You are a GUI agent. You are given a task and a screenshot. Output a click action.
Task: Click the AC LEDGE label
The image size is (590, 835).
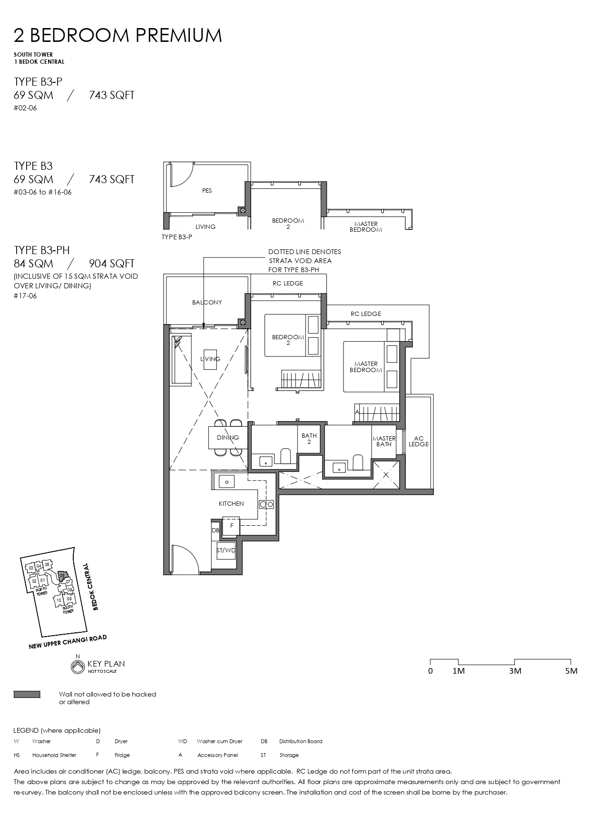point(418,441)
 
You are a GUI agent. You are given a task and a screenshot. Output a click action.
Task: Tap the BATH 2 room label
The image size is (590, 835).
point(309,439)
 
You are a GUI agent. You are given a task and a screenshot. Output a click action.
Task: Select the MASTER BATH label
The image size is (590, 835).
point(383,441)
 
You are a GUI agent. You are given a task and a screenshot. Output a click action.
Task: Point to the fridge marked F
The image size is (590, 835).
point(232,525)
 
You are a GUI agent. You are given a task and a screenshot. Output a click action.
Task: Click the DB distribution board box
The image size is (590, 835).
point(215,530)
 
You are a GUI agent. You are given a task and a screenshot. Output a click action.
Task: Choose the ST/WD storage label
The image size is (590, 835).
point(226,550)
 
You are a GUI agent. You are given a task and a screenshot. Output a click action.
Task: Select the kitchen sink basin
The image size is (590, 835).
point(226,481)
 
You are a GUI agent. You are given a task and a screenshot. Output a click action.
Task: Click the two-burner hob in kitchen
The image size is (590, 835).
point(266,504)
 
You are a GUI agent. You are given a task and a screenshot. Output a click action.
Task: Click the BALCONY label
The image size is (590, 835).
point(206,302)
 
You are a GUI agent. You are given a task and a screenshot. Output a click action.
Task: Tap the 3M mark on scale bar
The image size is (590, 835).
point(515,670)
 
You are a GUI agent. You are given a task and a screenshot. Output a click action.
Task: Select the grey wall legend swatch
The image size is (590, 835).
point(27,695)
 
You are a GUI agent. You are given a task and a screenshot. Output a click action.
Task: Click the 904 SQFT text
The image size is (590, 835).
point(111,264)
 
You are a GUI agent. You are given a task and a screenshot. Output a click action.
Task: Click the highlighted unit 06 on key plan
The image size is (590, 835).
point(62,575)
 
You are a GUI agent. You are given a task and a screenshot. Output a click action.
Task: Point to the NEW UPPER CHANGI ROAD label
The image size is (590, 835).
point(68,642)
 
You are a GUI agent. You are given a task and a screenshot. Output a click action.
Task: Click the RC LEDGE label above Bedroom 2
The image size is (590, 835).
point(287,284)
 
